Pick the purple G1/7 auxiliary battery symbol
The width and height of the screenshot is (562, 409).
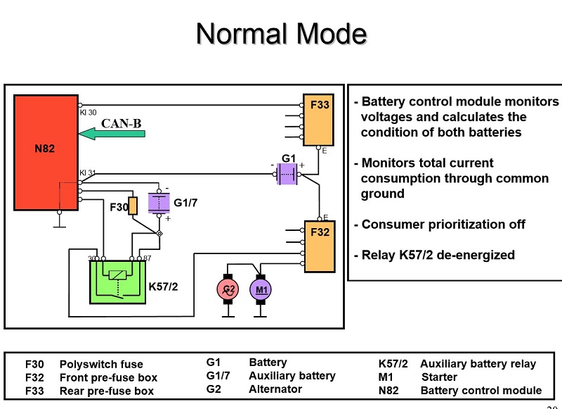pyautogui.click(x=159, y=203)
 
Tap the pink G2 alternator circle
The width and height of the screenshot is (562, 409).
pyautogui.click(x=228, y=289)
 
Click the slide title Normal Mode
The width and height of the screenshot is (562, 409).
pyautogui.click(x=281, y=34)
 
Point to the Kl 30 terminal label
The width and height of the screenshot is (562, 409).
pyautogui.click(x=88, y=113)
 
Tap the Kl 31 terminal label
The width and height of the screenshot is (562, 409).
pyautogui.click(x=88, y=172)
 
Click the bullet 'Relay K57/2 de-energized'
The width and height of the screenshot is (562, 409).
pyautogui.click(x=438, y=255)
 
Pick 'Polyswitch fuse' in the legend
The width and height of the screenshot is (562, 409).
pyautogui.click(x=101, y=365)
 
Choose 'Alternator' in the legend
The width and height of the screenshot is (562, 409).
pyautogui.click(x=275, y=389)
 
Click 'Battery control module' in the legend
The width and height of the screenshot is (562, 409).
pyautogui.click(x=481, y=391)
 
